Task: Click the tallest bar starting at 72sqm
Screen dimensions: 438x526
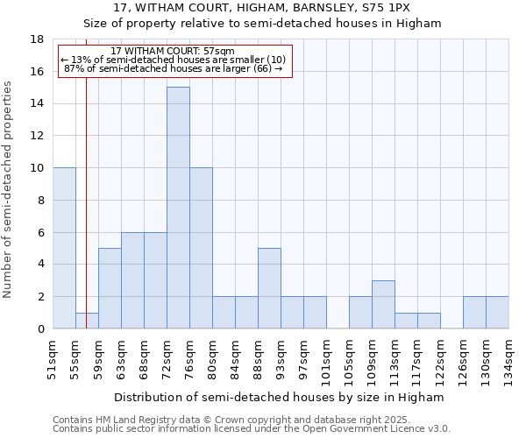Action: point(178,208)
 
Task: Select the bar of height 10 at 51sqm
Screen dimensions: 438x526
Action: point(64,248)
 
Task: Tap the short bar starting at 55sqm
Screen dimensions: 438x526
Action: point(87,321)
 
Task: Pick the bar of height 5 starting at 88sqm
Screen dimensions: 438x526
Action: point(269,288)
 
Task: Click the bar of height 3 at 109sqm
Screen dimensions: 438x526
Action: point(383,304)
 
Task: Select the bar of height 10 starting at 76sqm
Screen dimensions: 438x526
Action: point(201,248)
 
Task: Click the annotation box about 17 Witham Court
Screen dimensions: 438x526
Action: point(174,60)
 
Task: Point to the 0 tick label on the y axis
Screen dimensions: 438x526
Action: point(40,328)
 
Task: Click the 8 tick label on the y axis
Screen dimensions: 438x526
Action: point(40,200)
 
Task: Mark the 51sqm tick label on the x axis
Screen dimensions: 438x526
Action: point(53,360)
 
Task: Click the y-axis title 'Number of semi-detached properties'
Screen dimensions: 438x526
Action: point(9,189)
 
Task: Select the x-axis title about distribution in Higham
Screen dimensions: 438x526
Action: point(280,397)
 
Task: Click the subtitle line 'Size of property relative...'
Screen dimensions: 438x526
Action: point(262,24)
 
